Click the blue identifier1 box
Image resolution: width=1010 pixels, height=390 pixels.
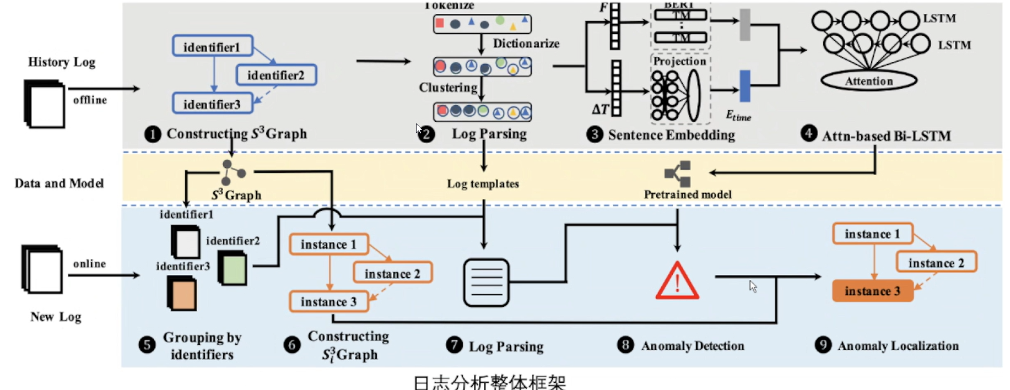pos(213,46)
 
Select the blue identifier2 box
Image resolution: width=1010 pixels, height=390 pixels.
pos(276,75)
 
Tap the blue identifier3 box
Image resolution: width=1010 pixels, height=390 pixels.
pos(213,104)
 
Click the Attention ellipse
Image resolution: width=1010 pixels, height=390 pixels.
pos(869,81)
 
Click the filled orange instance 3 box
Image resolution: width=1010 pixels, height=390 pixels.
pos(873,291)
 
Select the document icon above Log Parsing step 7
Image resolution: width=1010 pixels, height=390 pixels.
pos(486,283)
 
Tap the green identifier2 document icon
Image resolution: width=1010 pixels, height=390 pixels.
pos(233,268)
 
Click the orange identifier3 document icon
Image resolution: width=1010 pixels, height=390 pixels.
pos(182,294)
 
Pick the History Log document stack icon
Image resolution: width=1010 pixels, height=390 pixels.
pos(45,104)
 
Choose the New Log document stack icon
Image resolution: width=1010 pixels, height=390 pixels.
pos(42,269)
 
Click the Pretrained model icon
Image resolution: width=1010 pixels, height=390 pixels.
pos(678,174)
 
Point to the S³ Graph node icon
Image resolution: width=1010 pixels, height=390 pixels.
pos(233,172)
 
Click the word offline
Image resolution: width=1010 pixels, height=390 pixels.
pos(90,100)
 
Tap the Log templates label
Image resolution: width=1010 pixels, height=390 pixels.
pos(483,183)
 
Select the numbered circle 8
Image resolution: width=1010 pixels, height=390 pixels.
pos(625,345)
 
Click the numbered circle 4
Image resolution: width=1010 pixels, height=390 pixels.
pos(808,133)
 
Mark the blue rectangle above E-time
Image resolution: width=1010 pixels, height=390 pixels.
pos(745,86)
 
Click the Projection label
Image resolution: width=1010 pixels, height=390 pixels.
pos(679,61)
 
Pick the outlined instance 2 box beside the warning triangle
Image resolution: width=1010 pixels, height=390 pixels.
pos(936,263)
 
